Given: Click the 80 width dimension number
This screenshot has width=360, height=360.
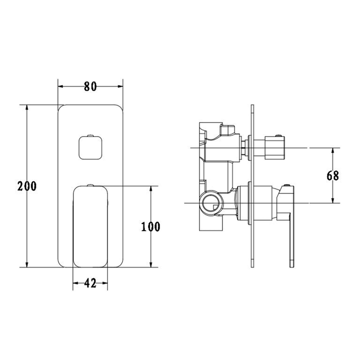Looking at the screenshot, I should (x=90, y=86).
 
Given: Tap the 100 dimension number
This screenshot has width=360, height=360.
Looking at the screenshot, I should (x=150, y=226).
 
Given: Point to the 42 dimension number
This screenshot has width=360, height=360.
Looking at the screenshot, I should (x=90, y=283).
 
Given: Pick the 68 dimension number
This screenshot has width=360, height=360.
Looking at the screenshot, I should (x=332, y=175).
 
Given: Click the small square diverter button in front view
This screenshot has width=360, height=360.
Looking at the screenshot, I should (x=90, y=146).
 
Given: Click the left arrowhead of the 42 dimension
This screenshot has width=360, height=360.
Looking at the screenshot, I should (x=75, y=283).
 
